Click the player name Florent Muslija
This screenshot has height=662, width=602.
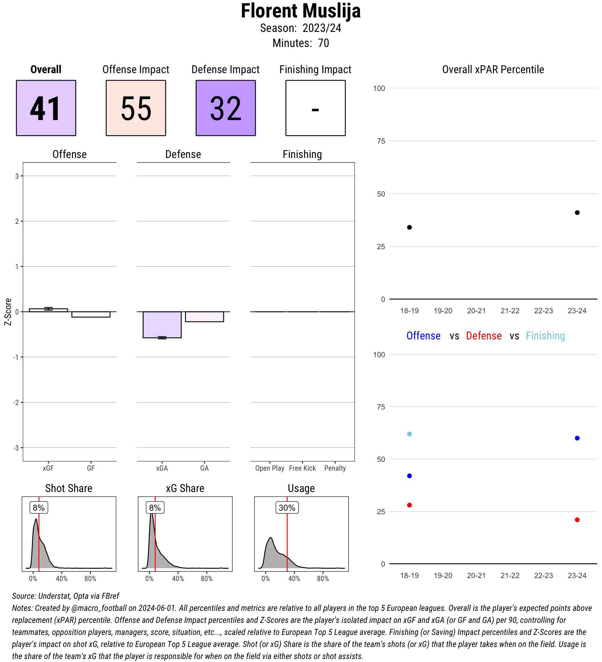[x=300, y=11]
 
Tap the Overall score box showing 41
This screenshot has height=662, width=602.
[x=46, y=108]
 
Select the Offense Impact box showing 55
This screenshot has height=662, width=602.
[x=136, y=108]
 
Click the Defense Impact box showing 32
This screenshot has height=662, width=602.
[x=226, y=108]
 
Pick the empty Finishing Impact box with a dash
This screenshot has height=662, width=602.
[x=315, y=108]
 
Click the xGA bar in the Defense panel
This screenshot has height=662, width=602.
[x=162, y=324]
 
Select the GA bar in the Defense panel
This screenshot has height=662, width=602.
[x=204, y=317]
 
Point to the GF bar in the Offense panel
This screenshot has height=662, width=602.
[x=91, y=314]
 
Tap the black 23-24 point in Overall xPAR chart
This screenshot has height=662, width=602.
[x=577, y=212]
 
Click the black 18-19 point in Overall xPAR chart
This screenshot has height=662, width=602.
[x=409, y=227]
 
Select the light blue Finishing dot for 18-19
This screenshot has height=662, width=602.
[x=409, y=434]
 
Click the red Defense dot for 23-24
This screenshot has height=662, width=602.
[x=577, y=520]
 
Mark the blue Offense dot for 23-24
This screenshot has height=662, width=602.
[x=577, y=438]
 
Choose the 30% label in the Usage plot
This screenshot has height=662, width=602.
[x=287, y=508]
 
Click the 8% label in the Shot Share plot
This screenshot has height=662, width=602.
[x=39, y=508]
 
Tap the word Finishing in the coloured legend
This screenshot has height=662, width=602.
[x=545, y=336]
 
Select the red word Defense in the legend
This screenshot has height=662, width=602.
[x=483, y=336]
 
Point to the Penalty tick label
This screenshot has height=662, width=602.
[x=335, y=468]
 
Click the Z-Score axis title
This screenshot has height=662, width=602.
[x=8, y=312]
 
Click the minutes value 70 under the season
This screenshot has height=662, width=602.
[x=323, y=43]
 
